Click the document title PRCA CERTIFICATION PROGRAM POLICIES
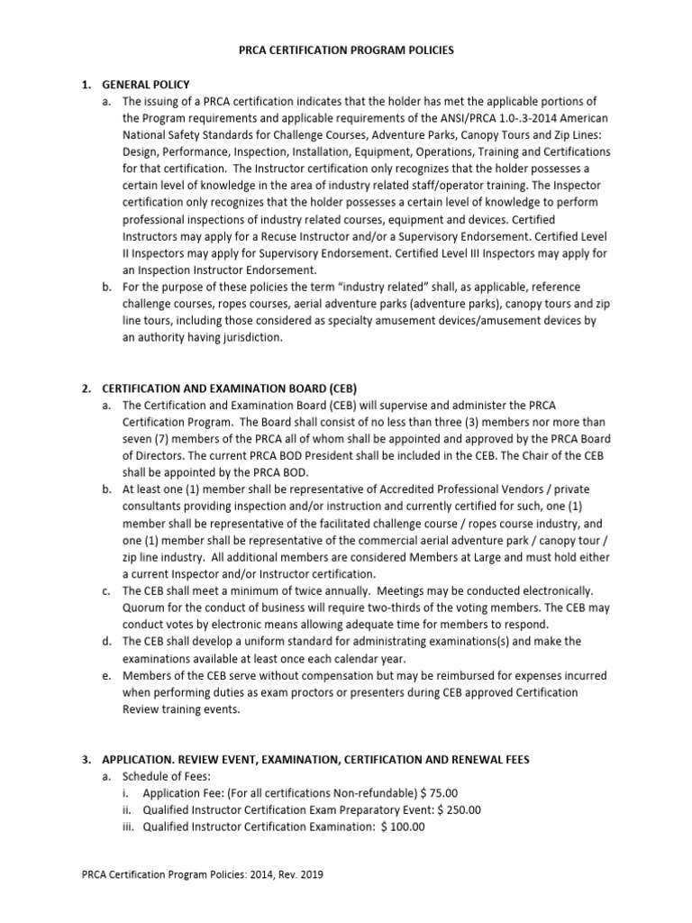click(x=345, y=50)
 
